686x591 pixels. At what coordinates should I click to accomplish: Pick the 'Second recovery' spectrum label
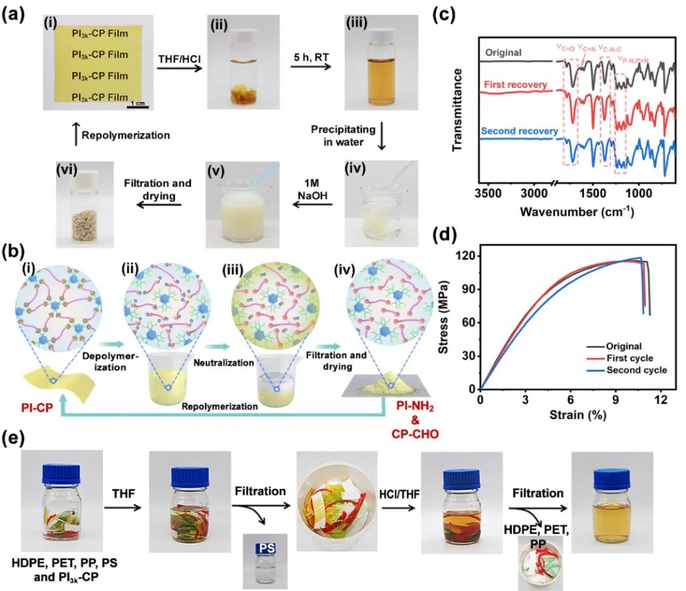click(x=520, y=131)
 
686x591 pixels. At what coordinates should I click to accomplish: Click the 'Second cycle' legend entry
click(x=640, y=370)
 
